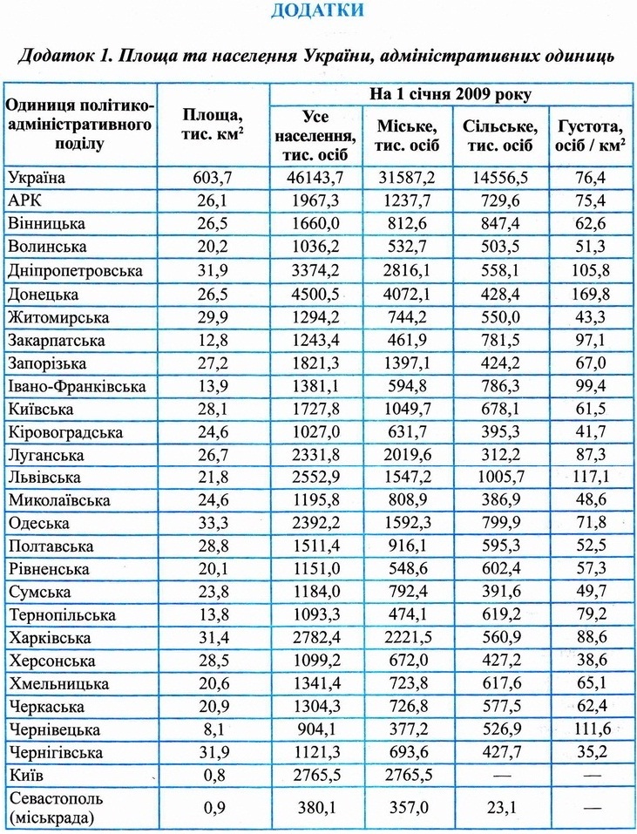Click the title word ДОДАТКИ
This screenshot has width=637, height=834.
pos(317,12)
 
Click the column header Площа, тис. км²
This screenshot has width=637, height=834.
pos(213,125)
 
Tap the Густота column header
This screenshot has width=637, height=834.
pos(589,134)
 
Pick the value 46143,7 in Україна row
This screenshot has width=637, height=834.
pos(315,178)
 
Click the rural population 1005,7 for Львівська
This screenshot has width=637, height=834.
pos(501,477)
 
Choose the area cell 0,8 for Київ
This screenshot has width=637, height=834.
pos(213,773)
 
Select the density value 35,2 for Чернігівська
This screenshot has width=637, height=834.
pos(589,751)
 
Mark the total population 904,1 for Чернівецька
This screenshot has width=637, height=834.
pos(315,729)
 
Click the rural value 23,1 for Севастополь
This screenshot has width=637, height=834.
pos(501,807)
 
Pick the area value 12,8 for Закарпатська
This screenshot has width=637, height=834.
pos(213,338)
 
